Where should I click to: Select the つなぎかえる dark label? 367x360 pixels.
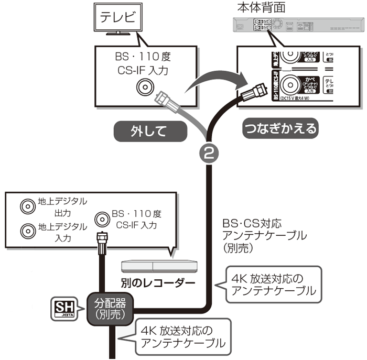[280, 128]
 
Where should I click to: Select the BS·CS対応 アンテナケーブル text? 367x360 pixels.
[264, 235]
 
